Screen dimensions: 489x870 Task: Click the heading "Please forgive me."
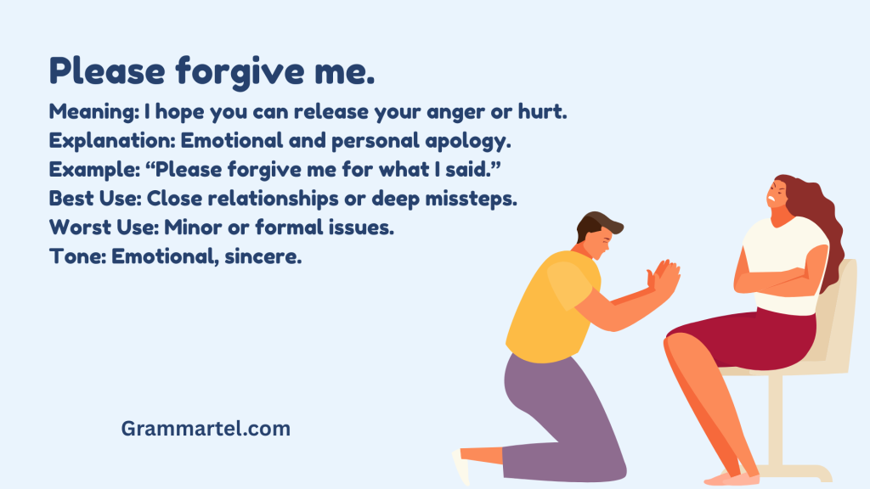(212, 71)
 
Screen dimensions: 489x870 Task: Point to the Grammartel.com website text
(206, 429)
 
